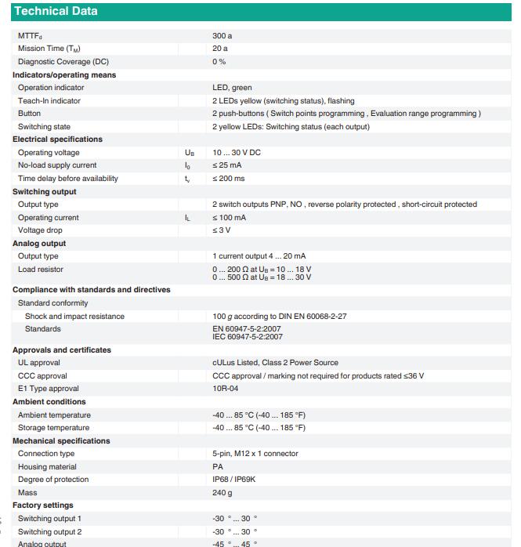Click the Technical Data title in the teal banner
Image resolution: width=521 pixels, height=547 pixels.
click(56, 11)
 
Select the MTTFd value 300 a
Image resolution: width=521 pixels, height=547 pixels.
click(223, 36)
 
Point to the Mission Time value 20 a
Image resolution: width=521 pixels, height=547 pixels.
click(220, 49)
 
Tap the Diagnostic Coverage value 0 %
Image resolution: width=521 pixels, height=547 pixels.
click(219, 62)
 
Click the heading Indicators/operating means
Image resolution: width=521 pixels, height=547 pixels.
click(64, 74)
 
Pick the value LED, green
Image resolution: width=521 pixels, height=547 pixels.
click(233, 88)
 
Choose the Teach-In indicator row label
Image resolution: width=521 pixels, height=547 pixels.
click(49, 100)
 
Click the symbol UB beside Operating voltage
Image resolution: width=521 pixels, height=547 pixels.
click(189, 153)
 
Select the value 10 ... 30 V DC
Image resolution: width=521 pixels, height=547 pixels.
click(237, 153)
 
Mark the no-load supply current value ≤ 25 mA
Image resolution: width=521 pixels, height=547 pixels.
click(228, 165)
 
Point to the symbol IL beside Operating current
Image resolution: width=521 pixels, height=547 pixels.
click(187, 218)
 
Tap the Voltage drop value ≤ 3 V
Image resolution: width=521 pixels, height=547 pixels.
click(222, 230)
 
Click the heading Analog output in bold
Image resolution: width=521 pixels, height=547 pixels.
click(39, 243)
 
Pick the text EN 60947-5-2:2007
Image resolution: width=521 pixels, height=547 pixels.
click(248, 329)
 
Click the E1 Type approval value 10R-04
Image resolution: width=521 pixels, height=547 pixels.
click(226, 389)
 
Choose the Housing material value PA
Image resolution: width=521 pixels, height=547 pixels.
click(217, 466)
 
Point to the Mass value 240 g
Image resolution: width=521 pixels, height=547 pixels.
click(223, 493)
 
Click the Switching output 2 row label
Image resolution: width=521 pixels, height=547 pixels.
click(50, 531)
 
